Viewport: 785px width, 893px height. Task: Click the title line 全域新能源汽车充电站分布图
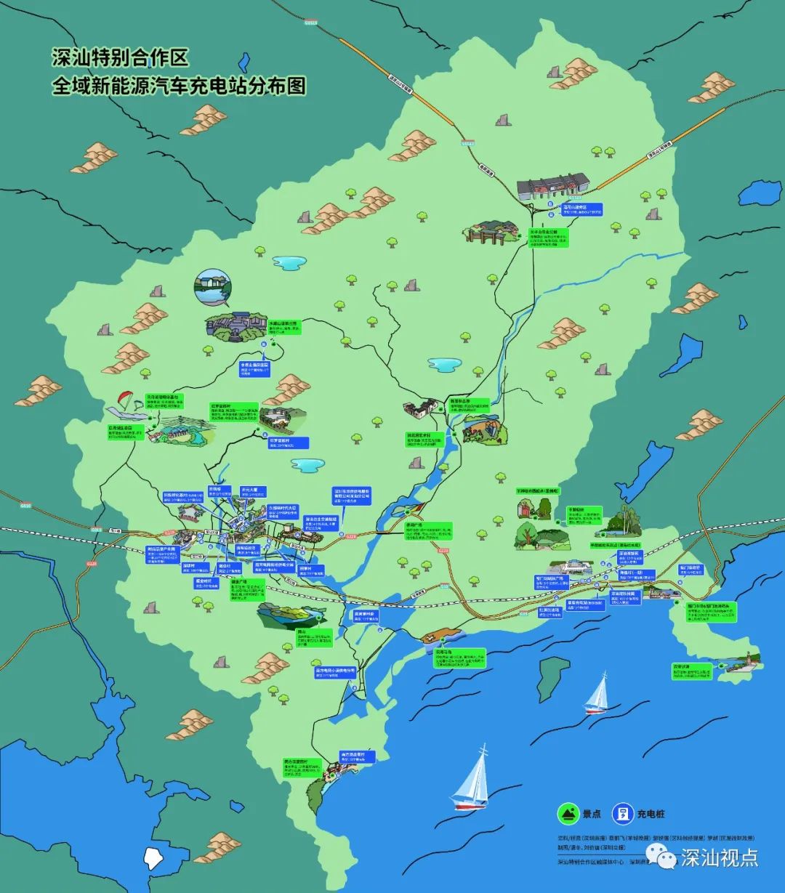click(178, 86)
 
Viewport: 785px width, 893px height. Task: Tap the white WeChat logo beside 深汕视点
click(665, 859)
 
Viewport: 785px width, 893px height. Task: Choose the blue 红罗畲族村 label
click(289, 442)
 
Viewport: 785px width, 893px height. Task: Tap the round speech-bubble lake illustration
click(212, 287)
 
